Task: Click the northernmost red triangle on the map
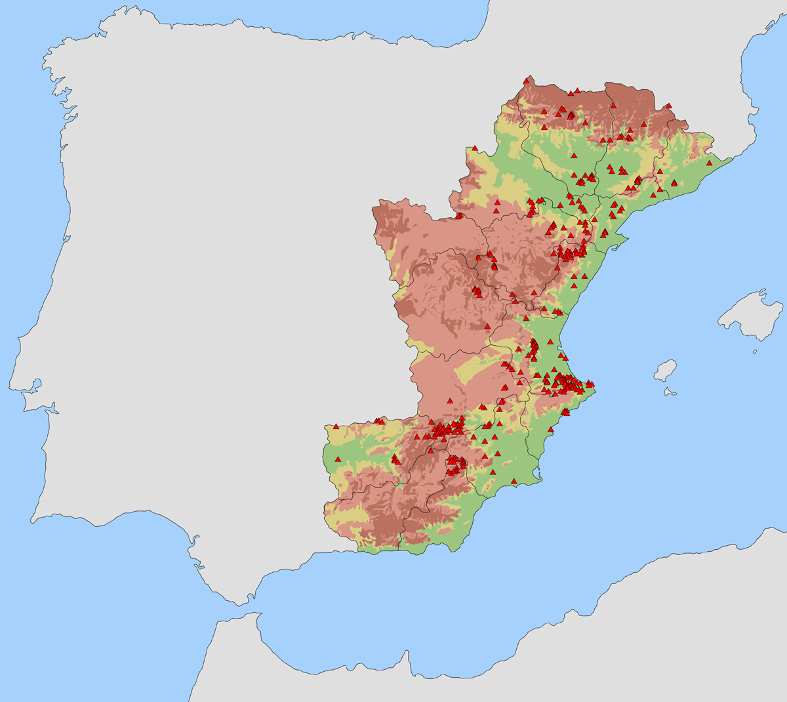(x=527, y=81)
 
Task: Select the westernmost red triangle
(x=336, y=426)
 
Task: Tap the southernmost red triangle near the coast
(x=514, y=482)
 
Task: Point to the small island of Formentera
(x=670, y=392)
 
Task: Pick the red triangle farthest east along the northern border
(x=668, y=105)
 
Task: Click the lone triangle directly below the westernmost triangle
(x=338, y=459)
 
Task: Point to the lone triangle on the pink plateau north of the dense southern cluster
(x=449, y=400)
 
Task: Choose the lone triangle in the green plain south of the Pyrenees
(x=573, y=155)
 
